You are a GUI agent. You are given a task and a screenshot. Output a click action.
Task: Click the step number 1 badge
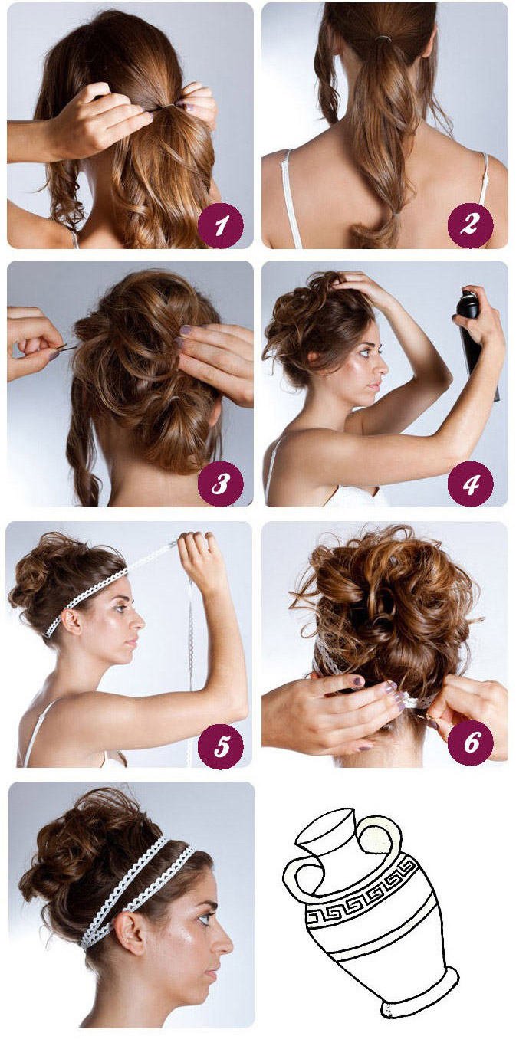221,225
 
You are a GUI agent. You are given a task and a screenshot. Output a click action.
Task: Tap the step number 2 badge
470,225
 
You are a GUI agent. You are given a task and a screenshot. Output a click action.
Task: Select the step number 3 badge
221,484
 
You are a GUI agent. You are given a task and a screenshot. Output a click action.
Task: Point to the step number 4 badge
470,484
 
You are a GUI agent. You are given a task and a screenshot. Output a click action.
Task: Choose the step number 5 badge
221,744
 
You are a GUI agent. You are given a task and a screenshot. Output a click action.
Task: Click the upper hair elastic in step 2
384,38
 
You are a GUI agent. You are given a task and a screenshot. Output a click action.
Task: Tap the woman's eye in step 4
364,351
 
